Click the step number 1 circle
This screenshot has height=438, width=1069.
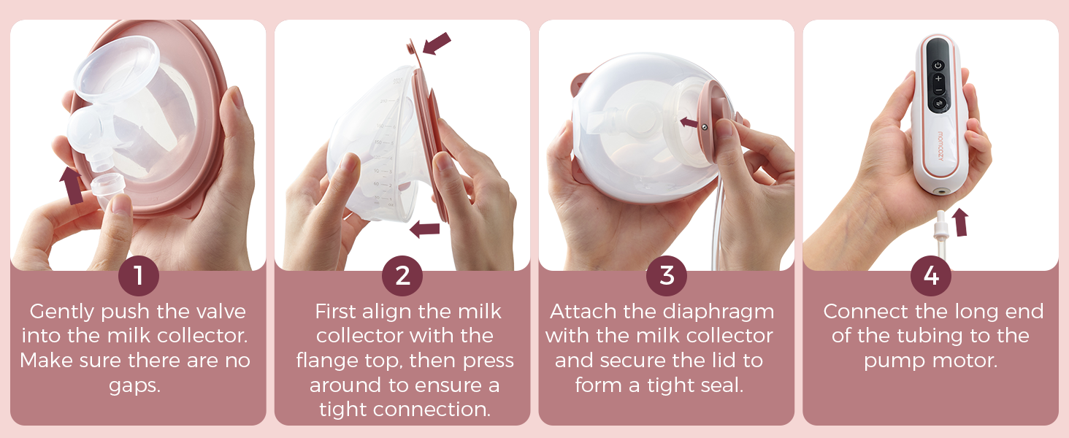(139, 275)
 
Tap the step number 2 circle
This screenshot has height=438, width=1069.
(402, 275)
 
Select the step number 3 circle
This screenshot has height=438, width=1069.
(667, 275)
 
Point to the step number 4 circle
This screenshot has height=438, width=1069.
(930, 275)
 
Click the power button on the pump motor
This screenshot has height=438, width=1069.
(938, 66)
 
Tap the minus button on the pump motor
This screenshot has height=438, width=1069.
(938, 91)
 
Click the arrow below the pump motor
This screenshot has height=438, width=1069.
(960, 222)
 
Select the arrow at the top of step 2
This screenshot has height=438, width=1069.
(437, 43)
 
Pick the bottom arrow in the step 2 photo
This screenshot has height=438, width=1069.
(425, 229)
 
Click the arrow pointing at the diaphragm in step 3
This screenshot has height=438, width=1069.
(689, 123)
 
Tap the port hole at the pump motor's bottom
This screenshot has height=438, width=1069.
(941, 191)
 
